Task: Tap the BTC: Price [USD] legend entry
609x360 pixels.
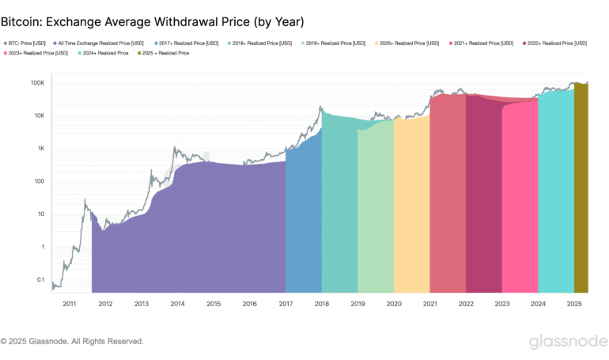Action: [x=25, y=43]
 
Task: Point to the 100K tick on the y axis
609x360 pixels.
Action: [x=37, y=83]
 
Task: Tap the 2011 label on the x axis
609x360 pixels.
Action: [x=69, y=303]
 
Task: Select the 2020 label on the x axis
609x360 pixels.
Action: [x=394, y=303]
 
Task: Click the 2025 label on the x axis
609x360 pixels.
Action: [x=574, y=303]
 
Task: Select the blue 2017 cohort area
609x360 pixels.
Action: [x=304, y=222]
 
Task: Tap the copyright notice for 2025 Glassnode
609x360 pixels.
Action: [x=72, y=342]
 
